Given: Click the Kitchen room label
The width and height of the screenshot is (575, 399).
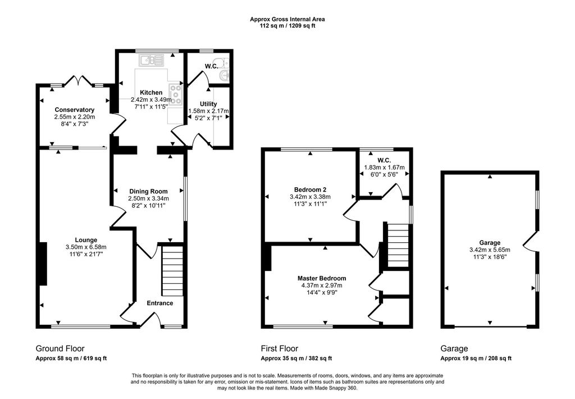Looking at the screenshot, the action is click(151, 93).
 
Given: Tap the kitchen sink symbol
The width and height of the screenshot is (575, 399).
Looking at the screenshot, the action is click(151, 60).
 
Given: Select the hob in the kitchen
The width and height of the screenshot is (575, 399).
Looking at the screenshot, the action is click(175, 93).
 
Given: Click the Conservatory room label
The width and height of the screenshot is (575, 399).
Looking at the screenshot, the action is click(75, 110).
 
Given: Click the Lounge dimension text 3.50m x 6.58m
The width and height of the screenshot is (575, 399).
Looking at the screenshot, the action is click(86, 247).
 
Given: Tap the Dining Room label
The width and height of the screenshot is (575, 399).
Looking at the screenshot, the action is click(148, 191).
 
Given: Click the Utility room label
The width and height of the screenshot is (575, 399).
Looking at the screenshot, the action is click(208, 104).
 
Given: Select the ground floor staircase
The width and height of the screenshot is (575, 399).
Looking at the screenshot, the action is click(172, 271).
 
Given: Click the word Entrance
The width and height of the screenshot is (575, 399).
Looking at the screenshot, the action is click(160, 303).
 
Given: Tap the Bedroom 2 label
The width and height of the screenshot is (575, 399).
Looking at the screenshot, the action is click(310, 190).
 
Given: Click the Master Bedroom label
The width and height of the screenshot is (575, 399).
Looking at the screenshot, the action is click(322, 278).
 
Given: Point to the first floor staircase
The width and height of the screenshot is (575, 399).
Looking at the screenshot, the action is click(398, 245).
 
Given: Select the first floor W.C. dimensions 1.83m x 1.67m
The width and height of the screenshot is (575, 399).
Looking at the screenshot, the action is click(384, 167).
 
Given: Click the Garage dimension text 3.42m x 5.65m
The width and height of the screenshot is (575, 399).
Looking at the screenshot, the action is click(490, 250).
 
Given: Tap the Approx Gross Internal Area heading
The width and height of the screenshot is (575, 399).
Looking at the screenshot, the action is click(287, 19).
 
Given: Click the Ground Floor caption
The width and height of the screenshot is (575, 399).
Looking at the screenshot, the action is click(60, 348).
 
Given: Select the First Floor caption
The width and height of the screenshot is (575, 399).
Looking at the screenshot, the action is click(280, 348).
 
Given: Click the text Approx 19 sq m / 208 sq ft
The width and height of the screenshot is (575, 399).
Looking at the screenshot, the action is click(476, 359).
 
